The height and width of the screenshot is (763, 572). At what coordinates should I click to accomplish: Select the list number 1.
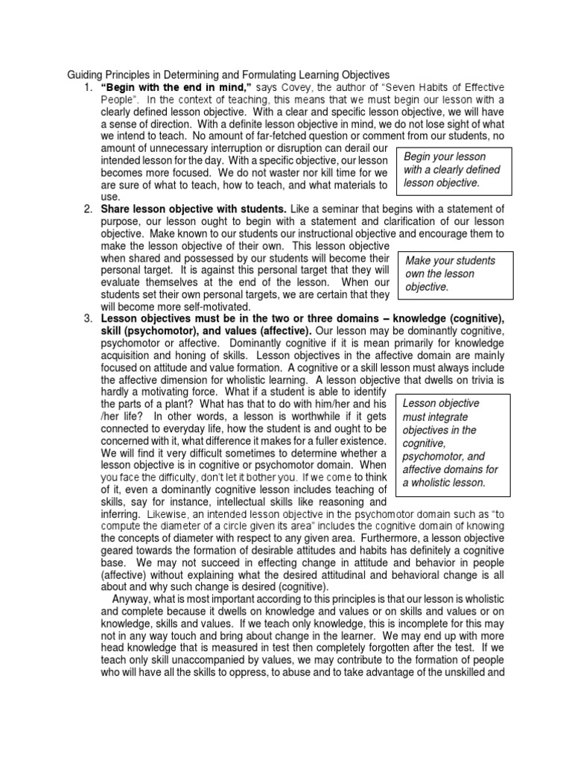point(88,88)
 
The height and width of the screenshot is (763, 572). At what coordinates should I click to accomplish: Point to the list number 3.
point(88,318)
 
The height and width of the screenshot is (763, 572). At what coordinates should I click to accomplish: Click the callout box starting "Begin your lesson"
point(456,169)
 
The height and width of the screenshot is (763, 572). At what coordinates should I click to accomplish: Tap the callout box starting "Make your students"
point(456,273)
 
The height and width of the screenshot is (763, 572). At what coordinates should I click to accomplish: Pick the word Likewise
point(167,514)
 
